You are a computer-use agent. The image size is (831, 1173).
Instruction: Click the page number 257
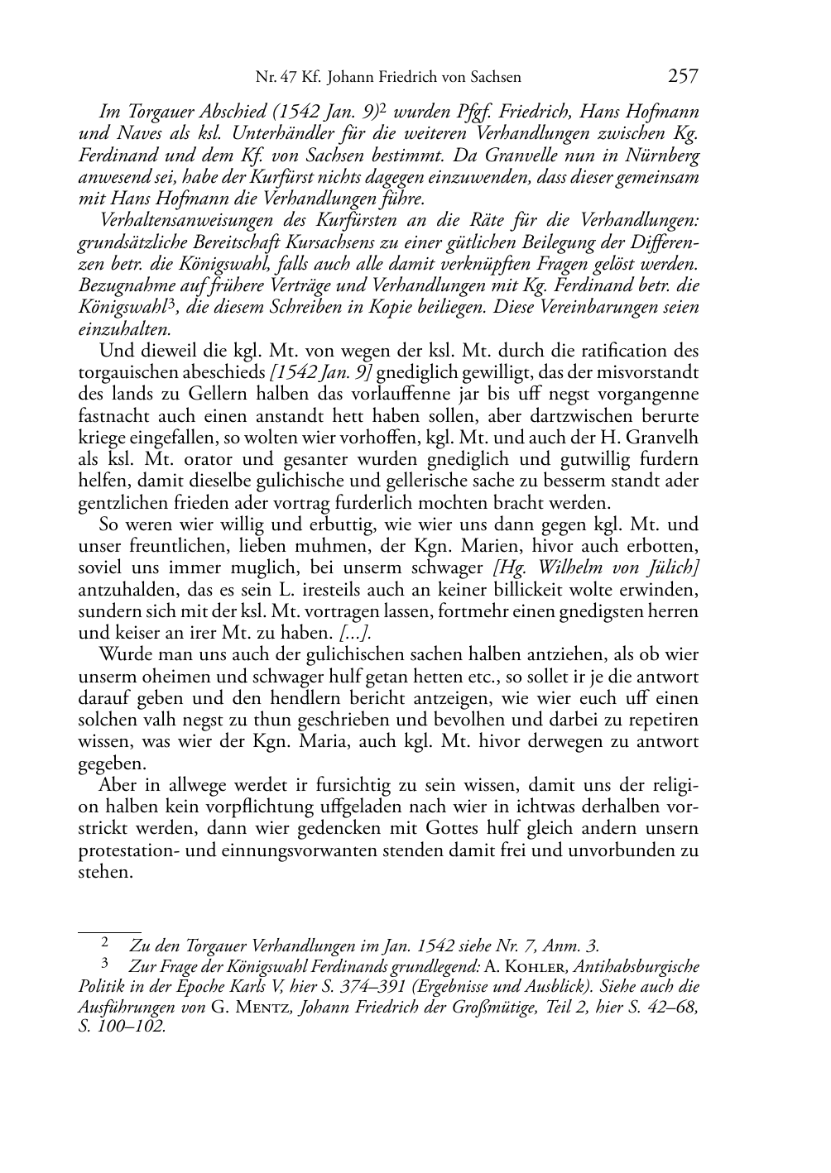[x=683, y=77]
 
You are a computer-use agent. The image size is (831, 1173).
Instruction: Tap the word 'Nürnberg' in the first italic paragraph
[x=666, y=156]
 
